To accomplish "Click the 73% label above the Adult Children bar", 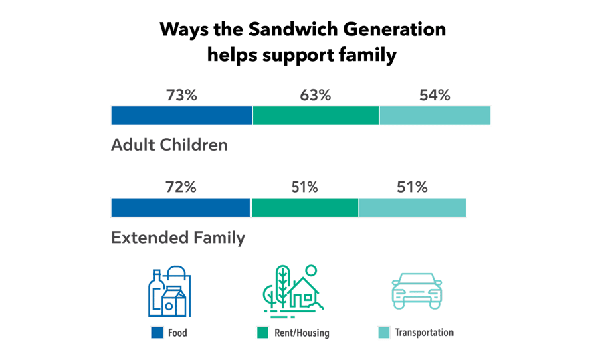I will pyautogui.click(x=181, y=95).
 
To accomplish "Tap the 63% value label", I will pyautogui.click(x=315, y=95).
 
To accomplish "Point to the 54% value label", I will pyautogui.click(x=435, y=95).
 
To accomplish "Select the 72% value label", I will pyautogui.click(x=181, y=187).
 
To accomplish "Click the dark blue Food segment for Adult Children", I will pyautogui.click(x=181, y=116).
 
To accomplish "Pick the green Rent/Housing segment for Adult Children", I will pyautogui.click(x=315, y=116).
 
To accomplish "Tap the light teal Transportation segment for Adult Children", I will pyautogui.click(x=435, y=116).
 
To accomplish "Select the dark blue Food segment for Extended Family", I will pyautogui.click(x=181, y=208).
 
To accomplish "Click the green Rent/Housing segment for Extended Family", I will pyautogui.click(x=304, y=208).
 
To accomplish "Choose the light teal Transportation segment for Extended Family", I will pyautogui.click(x=412, y=208).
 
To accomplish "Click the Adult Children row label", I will pyautogui.click(x=169, y=145).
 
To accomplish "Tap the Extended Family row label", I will pyautogui.click(x=178, y=238).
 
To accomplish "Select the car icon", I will pyautogui.click(x=417, y=292).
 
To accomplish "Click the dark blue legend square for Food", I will pyautogui.click(x=157, y=333).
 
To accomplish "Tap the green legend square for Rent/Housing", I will pyautogui.click(x=262, y=333).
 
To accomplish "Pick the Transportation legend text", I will pyautogui.click(x=424, y=333).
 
